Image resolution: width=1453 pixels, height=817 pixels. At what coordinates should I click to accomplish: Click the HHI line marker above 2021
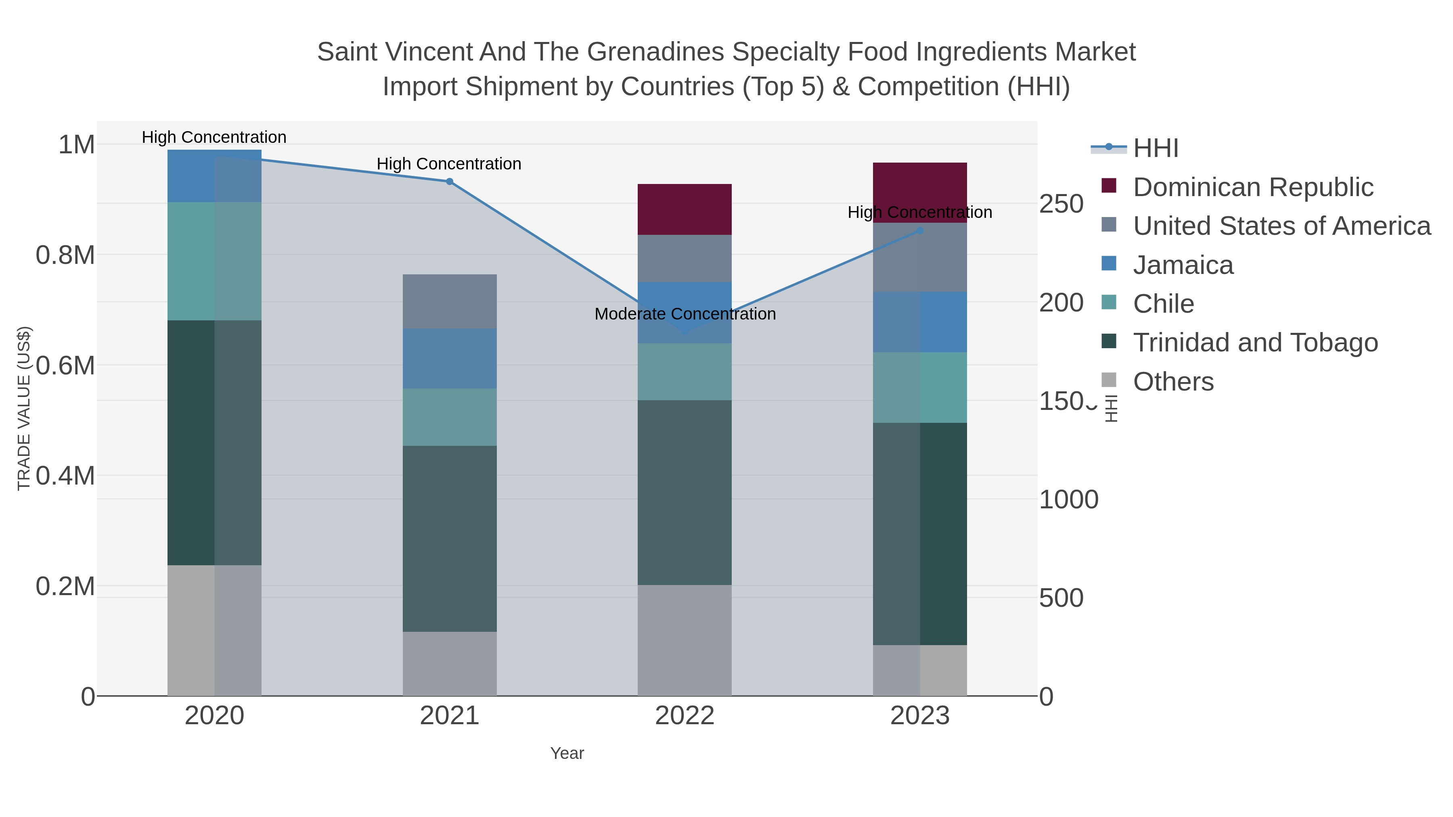click(450, 182)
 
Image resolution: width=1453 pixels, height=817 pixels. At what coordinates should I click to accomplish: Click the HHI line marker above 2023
click(920, 231)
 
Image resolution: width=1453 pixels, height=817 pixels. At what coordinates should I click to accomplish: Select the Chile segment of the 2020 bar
click(214, 261)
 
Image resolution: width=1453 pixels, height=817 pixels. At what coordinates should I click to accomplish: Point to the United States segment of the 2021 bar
click(450, 302)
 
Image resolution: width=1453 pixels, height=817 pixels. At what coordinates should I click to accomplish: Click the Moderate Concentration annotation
click(685, 314)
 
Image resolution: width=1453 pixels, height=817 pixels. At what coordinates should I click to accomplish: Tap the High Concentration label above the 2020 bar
click(214, 138)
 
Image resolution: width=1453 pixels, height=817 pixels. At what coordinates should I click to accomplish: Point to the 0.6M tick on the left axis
click(65, 366)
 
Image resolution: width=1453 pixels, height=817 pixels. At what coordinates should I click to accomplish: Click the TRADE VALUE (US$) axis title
click(24, 408)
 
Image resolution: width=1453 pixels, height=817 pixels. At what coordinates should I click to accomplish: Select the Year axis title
click(567, 753)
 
